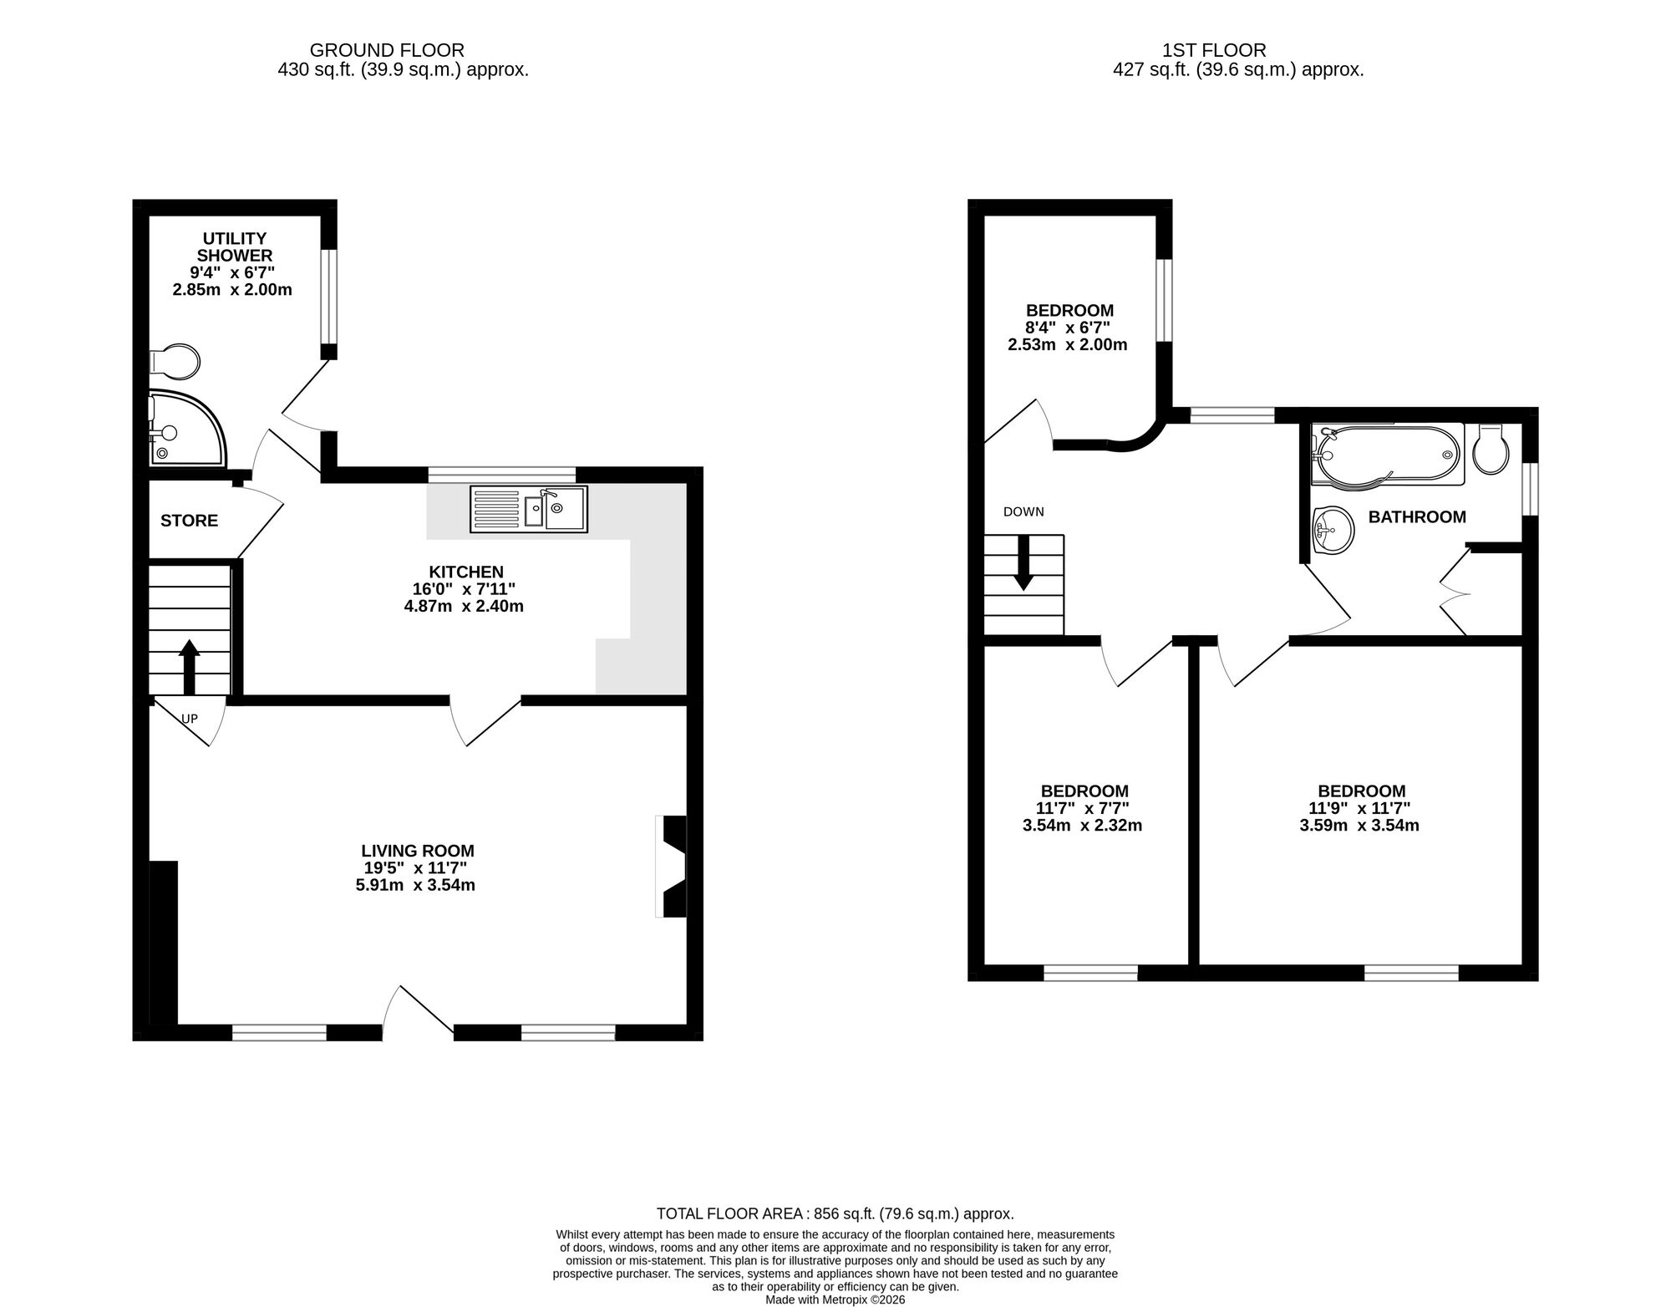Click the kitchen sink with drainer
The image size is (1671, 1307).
[528, 508]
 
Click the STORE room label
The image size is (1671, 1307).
[189, 521]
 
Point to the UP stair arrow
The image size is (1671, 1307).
[189, 666]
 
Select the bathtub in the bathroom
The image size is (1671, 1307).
[1386, 454]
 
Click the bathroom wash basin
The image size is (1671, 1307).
[1332, 530]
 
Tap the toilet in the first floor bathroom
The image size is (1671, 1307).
[1491, 450]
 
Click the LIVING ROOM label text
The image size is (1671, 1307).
[418, 851]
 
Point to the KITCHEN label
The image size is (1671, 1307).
[465, 572]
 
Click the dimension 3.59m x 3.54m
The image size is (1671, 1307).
[1359, 826]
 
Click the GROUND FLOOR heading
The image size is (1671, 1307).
[387, 51]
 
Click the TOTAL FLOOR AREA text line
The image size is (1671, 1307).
[835, 1213]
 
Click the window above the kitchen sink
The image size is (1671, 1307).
[501, 475]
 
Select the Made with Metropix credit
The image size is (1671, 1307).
[835, 1299]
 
